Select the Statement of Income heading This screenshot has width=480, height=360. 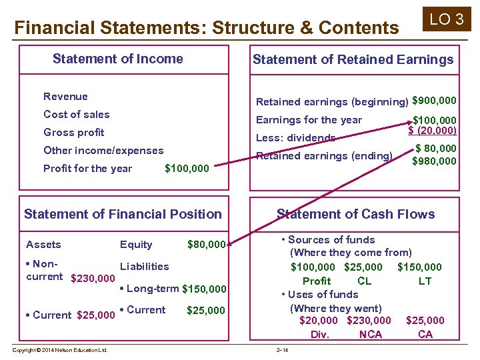pyautogui.click(x=117, y=59)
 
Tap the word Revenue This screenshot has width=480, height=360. pyautogui.click(x=65, y=97)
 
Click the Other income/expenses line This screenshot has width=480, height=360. pyautogui.click(x=103, y=151)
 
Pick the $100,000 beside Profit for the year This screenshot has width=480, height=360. pyautogui.click(x=187, y=169)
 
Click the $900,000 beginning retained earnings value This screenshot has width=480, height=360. pyautogui.click(x=435, y=101)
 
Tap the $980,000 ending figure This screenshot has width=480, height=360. pyautogui.click(x=435, y=161)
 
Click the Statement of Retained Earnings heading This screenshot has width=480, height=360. pyautogui.click(x=353, y=59)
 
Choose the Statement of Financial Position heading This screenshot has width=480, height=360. pyautogui.click(x=123, y=214)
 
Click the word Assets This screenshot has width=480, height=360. pyautogui.click(x=43, y=245)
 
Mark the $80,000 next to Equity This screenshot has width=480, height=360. pyautogui.click(x=207, y=245)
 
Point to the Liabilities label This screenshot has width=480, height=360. pyautogui.click(x=144, y=266)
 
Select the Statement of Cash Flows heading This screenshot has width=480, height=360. pyautogui.click(x=355, y=214)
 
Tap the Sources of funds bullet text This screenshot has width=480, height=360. pyautogui.click(x=331, y=240)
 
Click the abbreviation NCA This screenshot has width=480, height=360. pyautogui.click(x=370, y=334)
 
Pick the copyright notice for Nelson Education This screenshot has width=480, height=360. pyautogui.click(x=61, y=350)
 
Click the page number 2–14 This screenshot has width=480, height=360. pyautogui.click(x=283, y=350)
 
